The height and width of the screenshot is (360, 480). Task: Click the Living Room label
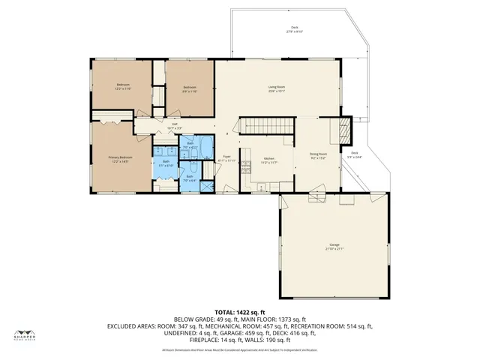pos(277,87)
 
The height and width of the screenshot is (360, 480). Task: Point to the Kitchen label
pos(268,158)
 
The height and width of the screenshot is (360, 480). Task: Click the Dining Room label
pos(319,154)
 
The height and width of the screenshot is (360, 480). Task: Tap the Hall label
pos(174,125)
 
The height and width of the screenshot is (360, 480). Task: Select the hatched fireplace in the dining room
pos(344,130)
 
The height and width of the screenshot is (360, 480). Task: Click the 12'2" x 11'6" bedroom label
pos(123,85)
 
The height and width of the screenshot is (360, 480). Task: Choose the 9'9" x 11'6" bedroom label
pos(190,88)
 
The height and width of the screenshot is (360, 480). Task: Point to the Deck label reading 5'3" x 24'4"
pos(354,155)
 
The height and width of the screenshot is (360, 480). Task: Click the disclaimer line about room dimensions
pos(239,350)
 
